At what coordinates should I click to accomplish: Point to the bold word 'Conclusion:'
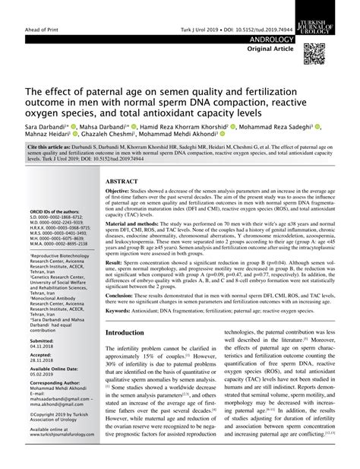click(123, 314)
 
